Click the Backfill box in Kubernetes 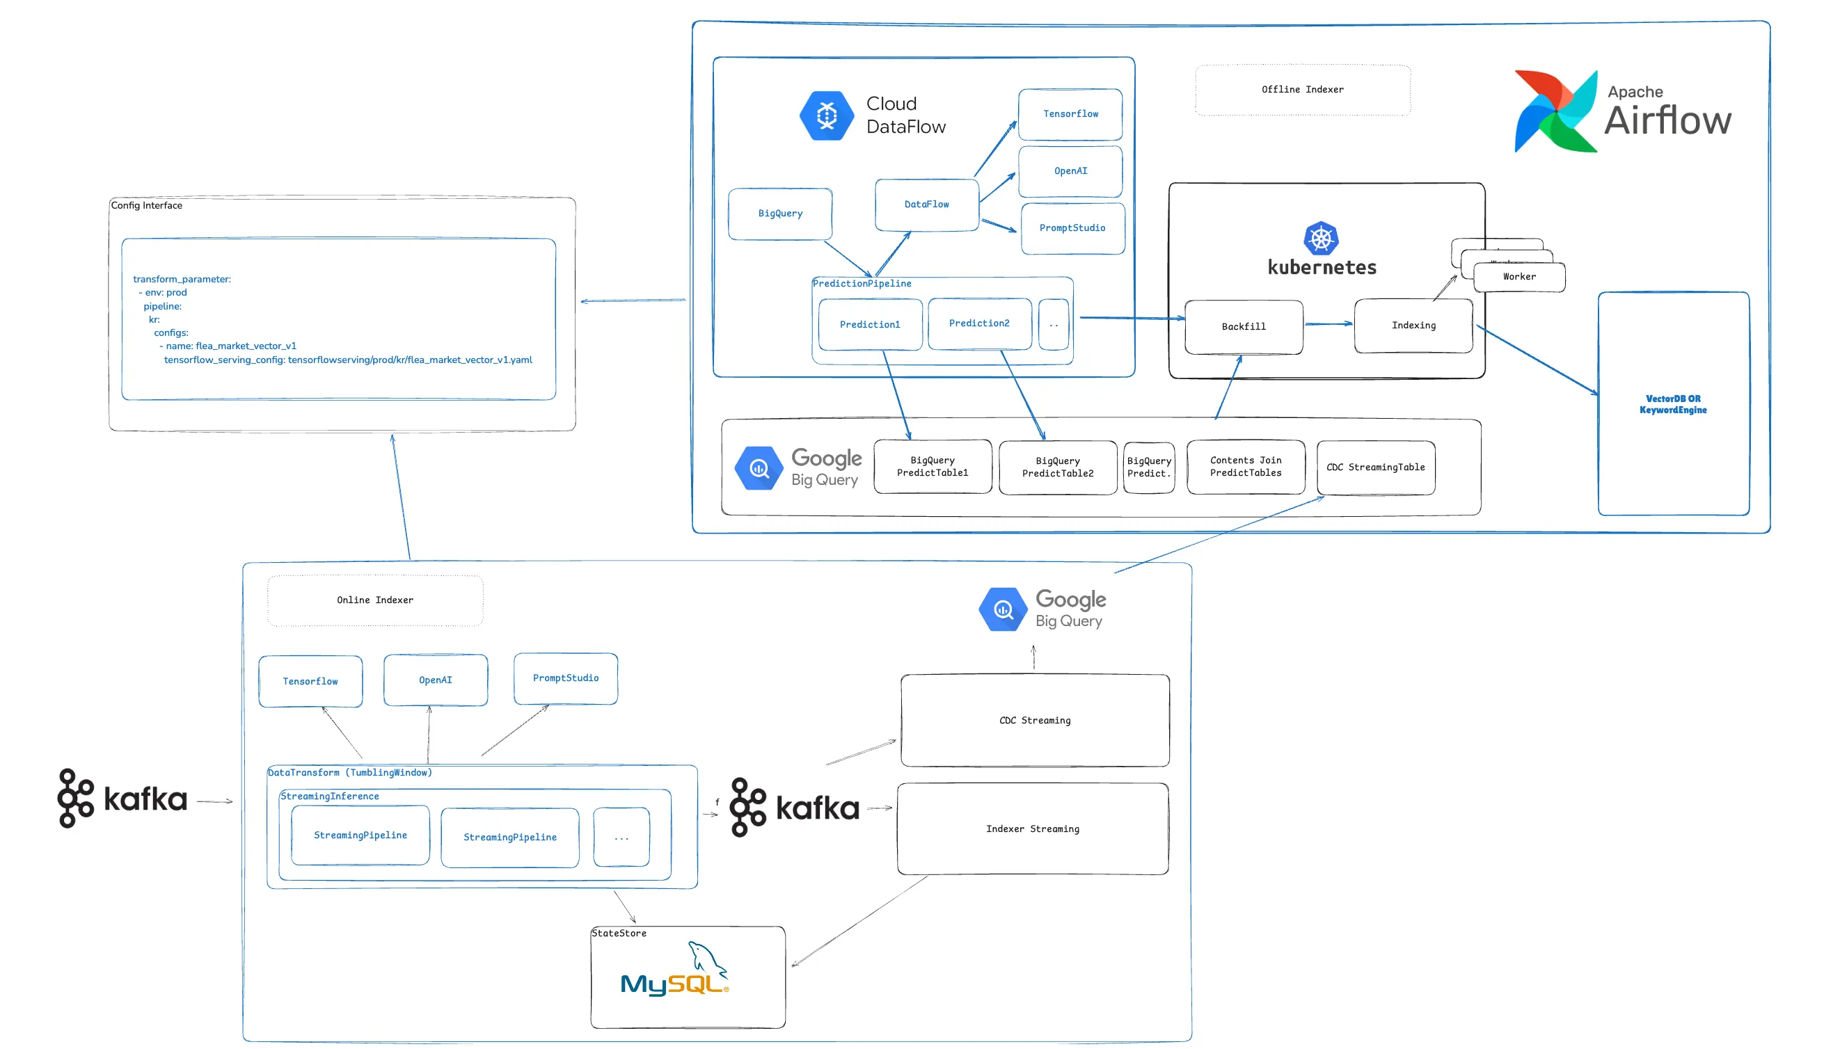coord(1243,327)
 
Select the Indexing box coord(1413,326)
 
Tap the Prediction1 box coord(870,325)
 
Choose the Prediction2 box coord(978,323)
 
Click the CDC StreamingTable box coord(1375,467)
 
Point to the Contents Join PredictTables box coord(1246,467)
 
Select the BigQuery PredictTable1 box coord(932,467)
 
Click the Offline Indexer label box coord(1301,90)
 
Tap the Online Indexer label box coord(375,600)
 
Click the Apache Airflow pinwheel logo coord(1555,112)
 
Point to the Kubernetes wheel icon coord(1320,239)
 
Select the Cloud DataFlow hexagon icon coord(826,115)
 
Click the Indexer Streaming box coord(1032,829)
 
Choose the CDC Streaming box coord(1034,721)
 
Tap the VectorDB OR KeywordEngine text coord(1672,405)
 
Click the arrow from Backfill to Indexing coord(1328,324)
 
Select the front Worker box coord(1518,278)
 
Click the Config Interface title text coord(146,206)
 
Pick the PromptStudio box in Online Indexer coord(565,679)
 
